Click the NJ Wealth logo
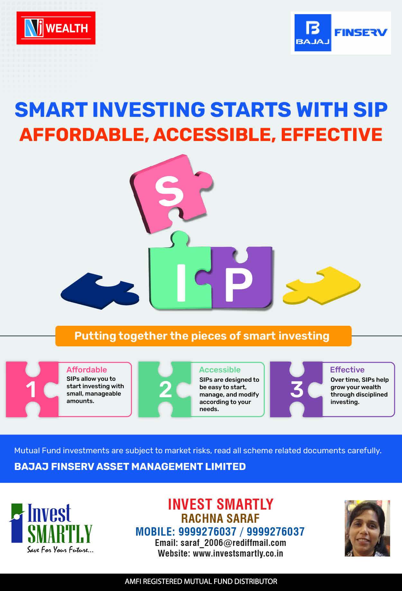(56, 28)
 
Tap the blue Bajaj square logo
(313, 33)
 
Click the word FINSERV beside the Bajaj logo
(361, 32)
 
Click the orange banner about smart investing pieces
(203, 336)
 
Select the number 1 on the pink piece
(31, 389)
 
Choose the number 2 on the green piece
(165, 389)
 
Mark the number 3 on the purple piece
(297, 389)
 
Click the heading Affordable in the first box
(87, 370)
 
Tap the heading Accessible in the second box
(220, 370)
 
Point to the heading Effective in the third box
(347, 370)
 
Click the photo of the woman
(367, 528)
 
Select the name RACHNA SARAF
(220, 519)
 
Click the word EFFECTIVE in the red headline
(332, 135)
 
